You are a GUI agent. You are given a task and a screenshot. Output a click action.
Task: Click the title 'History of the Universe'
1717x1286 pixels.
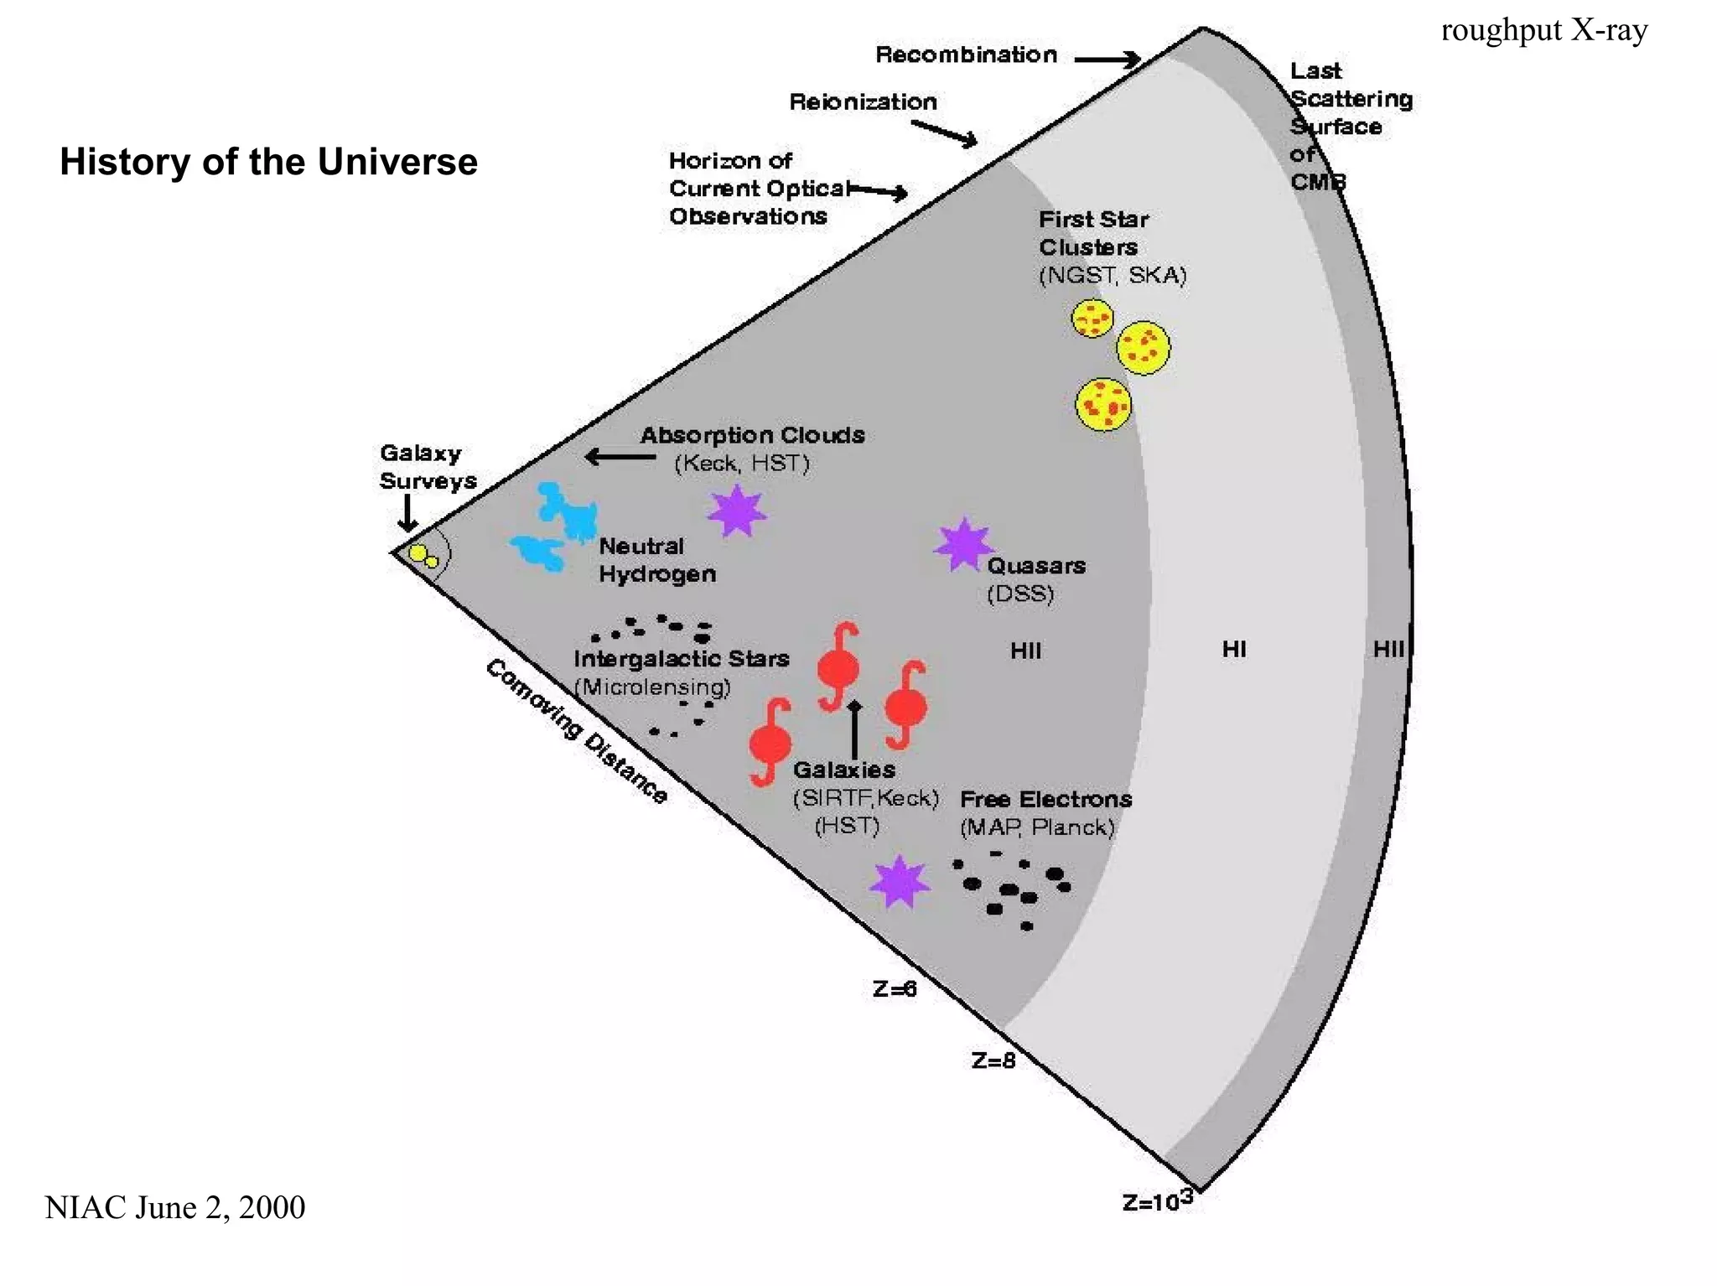point(268,162)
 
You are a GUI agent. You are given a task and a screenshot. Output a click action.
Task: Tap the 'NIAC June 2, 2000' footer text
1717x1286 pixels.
point(174,1207)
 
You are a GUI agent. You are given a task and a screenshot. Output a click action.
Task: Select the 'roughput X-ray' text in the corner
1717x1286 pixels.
point(1543,30)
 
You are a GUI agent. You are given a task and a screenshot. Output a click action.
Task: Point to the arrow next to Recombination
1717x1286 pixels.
point(1107,60)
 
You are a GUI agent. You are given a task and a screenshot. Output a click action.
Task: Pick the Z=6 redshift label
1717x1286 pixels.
point(895,989)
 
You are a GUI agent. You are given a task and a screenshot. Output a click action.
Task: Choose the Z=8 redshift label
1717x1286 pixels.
point(993,1061)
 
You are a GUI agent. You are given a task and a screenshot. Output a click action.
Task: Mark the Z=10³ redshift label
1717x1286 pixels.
point(1157,1201)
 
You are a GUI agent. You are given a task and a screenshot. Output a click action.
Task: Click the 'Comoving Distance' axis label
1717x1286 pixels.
point(577,731)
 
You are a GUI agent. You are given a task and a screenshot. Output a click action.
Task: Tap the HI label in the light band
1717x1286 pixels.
point(1233,649)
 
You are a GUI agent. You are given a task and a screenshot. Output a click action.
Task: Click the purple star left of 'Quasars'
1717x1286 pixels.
point(963,544)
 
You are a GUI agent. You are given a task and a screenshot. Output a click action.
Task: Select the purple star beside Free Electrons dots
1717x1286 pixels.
point(900,882)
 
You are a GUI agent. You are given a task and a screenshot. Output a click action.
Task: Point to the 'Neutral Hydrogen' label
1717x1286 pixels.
point(657,560)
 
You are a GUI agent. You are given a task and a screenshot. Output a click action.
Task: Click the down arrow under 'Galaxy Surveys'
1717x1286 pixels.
point(407,513)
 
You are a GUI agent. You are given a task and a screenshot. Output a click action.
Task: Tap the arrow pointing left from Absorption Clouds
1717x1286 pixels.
point(620,457)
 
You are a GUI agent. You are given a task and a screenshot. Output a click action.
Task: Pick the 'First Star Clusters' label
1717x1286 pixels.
point(1093,233)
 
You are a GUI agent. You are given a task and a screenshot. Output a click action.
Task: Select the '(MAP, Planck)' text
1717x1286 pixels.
point(1037,827)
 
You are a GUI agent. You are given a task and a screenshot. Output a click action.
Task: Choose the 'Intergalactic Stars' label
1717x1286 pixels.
point(681,659)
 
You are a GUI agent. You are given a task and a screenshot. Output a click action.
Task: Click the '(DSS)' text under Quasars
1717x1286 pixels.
point(1020,594)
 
